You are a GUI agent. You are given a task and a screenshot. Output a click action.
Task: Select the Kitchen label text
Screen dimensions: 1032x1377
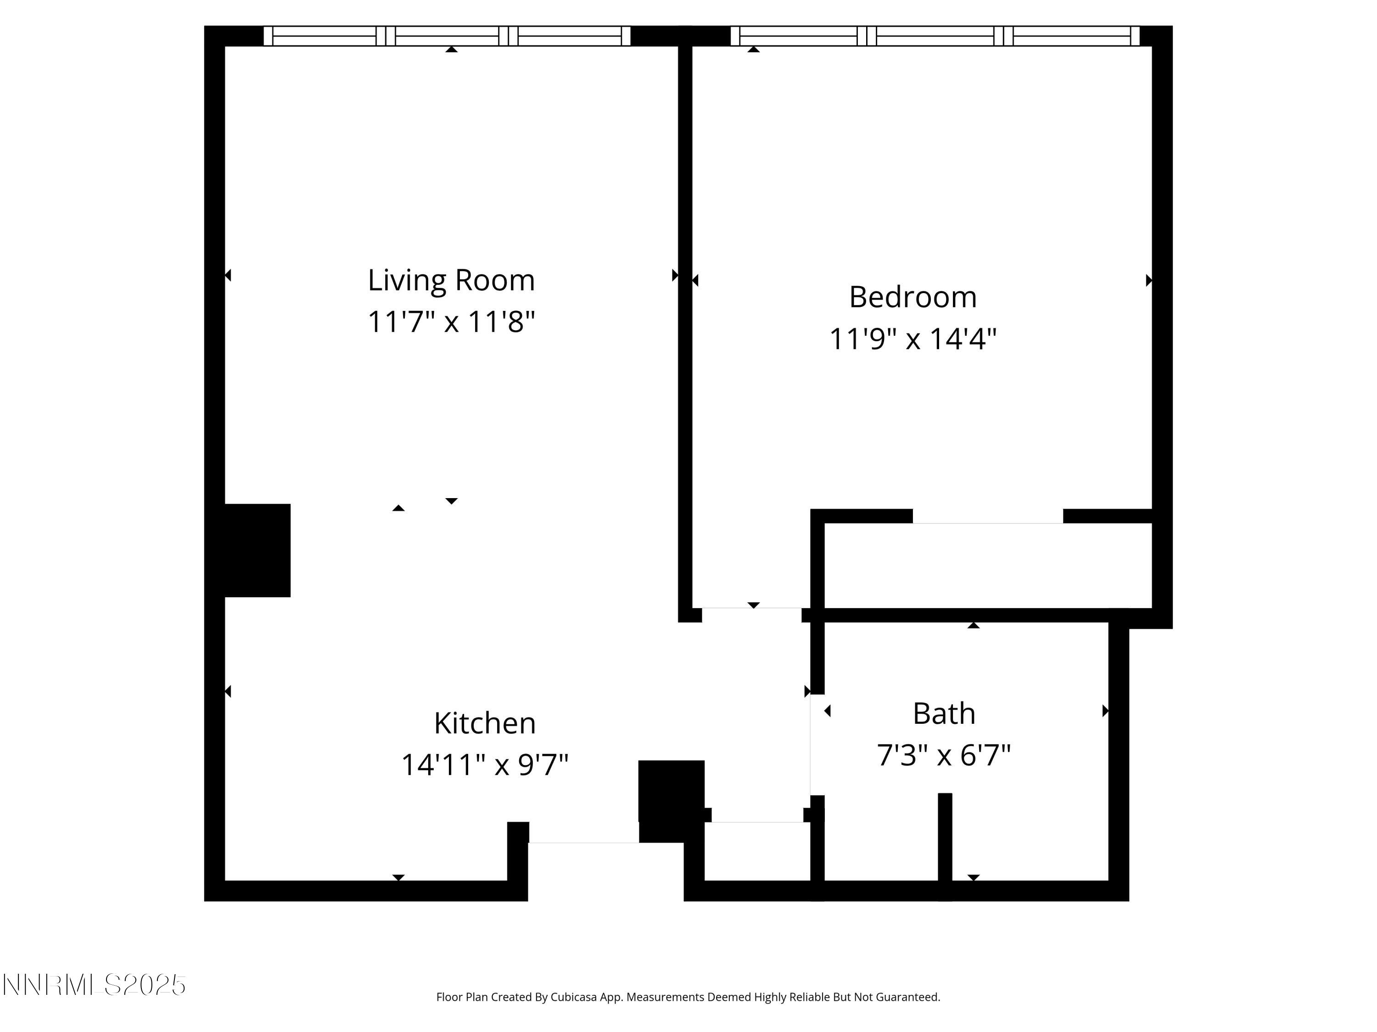484,723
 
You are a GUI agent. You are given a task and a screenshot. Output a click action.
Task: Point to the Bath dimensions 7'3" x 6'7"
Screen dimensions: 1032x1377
943,755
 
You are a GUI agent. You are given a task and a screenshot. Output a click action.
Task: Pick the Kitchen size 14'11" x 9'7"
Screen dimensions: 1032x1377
484,765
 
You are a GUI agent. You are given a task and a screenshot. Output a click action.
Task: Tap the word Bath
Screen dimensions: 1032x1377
944,714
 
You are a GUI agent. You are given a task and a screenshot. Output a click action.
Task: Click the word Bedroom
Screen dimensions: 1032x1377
912,297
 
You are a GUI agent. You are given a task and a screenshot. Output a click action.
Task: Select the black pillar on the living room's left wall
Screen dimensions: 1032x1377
257,550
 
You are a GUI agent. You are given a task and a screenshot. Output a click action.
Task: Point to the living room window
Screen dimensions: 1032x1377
447,36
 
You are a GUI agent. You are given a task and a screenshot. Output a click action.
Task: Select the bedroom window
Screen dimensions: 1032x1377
935,36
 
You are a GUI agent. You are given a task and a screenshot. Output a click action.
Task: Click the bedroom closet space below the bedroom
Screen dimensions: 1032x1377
987,565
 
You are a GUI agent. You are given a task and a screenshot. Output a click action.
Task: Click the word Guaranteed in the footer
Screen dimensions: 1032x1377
908,997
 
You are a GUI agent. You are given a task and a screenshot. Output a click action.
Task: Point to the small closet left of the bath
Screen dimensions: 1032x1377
757,851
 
